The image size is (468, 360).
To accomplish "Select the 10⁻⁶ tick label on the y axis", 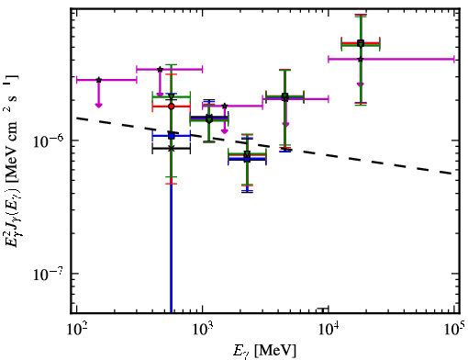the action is [x=49, y=141].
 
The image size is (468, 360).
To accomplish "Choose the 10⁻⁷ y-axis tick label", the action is [x=49, y=274].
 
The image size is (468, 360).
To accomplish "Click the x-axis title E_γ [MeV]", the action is [x=265, y=351].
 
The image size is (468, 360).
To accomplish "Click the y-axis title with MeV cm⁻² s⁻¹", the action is [x=11, y=161].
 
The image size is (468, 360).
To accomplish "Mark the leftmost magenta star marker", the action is [x=98, y=80].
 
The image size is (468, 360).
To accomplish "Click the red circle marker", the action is [x=172, y=107].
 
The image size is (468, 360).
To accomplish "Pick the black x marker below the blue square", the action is [x=172, y=149].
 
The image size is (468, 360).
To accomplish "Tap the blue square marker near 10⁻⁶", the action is [x=172, y=136].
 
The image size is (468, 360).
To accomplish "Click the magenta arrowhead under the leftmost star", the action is [x=98, y=106].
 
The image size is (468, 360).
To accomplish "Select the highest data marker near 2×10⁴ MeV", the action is [x=361, y=42].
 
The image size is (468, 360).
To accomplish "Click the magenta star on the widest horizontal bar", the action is [x=361, y=59].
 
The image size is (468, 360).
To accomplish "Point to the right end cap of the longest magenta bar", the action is [x=454, y=59].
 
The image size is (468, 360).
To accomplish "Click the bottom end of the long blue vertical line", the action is [x=171, y=312].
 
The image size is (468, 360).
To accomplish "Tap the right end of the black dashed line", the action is [x=452, y=174].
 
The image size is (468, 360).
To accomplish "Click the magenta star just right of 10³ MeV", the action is [x=225, y=106].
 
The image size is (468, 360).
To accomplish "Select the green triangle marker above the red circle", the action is [x=172, y=97].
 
